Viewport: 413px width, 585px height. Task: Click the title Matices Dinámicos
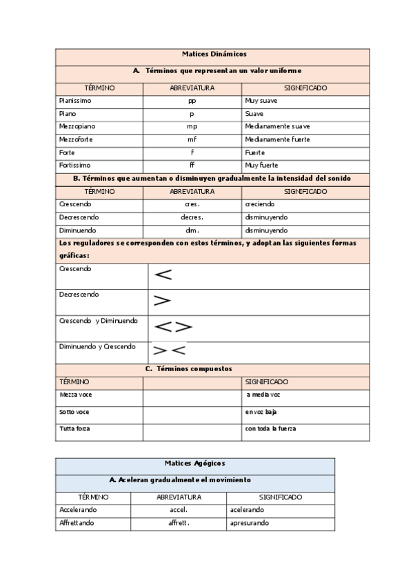coord(214,54)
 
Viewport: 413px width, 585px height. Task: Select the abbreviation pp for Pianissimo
coord(192,101)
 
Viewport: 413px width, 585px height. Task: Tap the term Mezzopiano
coord(77,126)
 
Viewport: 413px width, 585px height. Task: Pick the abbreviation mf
coord(192,139)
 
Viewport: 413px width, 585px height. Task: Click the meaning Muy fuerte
coord(261,166)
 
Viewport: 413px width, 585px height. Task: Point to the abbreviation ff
coord(192,166)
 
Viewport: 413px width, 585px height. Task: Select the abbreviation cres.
coord(192,204)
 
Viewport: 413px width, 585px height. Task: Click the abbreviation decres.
coord(192,217)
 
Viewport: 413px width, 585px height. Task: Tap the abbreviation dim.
coord(192,230)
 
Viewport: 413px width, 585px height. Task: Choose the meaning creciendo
coord(259,204)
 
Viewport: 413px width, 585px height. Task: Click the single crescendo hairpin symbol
coord(163,275)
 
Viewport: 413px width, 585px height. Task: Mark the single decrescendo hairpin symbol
coord(162,301)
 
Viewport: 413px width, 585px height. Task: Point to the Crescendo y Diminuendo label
coord(99,321)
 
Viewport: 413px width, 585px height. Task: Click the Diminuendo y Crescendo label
coord(97,346)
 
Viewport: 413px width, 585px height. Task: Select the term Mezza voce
coord(76,395)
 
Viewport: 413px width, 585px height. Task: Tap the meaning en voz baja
coord(261,412)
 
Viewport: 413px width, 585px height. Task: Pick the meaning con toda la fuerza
coord(271,429)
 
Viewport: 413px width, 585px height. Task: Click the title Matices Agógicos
coord(194,464)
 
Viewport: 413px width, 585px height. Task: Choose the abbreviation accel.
coord(179,510)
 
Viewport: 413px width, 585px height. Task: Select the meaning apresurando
coord(250,523)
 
